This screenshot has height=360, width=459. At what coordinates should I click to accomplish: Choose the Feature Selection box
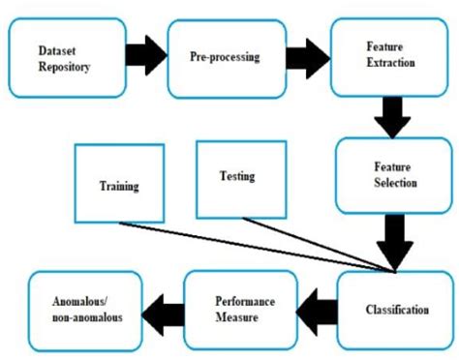pos(392,174)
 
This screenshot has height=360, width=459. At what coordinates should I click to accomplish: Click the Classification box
pos(395,311)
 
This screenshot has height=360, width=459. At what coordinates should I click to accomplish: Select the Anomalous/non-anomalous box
pos(84,311)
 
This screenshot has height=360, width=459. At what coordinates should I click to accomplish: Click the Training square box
pos(117,185)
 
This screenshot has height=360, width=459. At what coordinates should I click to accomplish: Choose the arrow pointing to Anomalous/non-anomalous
pos(162,311)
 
